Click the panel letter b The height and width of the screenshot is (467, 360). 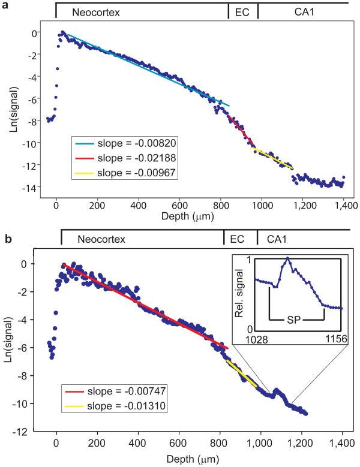(5, 239)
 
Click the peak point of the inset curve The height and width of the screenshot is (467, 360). (289, 258)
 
